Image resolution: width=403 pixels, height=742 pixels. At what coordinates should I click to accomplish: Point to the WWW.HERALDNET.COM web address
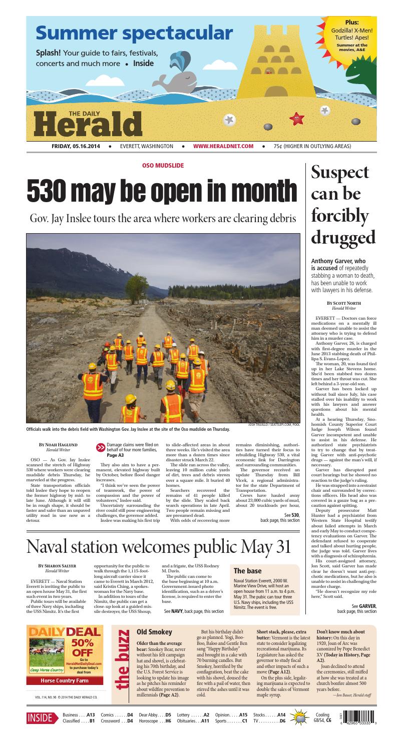tap(223, 146)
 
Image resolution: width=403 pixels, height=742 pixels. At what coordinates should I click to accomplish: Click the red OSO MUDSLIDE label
tap(164, 165)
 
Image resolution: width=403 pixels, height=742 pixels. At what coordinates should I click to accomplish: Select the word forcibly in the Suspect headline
tap(340, 216)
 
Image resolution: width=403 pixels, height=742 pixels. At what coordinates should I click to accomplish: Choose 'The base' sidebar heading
tap(248, 570)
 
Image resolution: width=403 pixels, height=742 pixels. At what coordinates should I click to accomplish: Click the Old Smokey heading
tap(154, 632)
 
